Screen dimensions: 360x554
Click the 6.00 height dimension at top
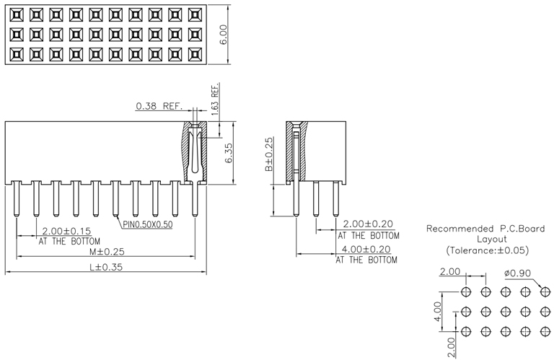pos(224,33)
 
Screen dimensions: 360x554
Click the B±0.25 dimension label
pos(269,154)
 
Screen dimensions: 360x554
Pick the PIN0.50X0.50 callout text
pos(148,224)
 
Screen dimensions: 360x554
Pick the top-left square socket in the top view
pos(17,14)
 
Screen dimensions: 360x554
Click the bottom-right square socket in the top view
pos(194,53)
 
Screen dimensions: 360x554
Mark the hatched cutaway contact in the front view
pos(193,152)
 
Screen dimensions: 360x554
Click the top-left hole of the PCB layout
pos(466,291)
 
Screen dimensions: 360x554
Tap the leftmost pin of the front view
pos(16,200)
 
